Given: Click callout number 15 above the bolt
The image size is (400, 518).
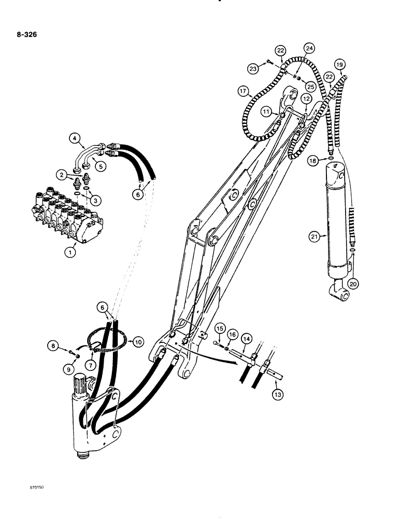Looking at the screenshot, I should pyautogui.click(x=219, y=329).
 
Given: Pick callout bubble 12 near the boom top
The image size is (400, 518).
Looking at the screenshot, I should pyautogui.click(x=307, y=98).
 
